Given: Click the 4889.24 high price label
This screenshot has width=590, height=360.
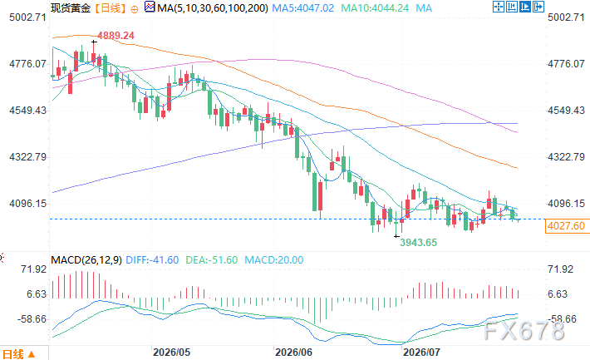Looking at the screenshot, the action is click(x=116, y=36).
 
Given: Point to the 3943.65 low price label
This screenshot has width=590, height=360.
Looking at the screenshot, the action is click(x=419, y=243).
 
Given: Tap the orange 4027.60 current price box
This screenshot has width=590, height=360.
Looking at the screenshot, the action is click(x=566, y=226).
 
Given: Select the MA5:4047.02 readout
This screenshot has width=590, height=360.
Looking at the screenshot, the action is click(x=303, y=8).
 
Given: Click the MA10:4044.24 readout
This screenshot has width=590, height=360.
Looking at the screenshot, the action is click(x=375, y=8).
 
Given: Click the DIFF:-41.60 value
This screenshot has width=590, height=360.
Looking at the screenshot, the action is click(x=152, y=260).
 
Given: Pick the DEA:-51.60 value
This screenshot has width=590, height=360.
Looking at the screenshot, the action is click(x=211, y=260).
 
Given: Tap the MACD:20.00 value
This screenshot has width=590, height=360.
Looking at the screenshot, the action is click(x=274, y=260).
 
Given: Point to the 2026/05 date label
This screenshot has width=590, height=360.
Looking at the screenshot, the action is click(x=171, y=353).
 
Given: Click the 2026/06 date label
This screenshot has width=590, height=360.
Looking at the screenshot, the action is click(x=293, y=353).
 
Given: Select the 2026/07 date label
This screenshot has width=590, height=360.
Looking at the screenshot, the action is click(x=421, y=353).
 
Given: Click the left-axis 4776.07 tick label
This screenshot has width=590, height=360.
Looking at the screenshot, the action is click(x=27, y=64).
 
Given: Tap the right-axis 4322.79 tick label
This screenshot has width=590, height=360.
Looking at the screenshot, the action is click(x=566, y=156).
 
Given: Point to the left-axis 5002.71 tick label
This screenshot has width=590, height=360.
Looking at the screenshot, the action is click(x=27, y=17).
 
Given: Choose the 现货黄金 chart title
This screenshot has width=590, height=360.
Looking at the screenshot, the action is click(x=71, y=8).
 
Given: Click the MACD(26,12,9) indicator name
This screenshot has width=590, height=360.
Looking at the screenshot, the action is click(x=86, y=260).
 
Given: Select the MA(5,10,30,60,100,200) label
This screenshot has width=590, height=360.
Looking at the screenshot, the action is click(x=213, y=8).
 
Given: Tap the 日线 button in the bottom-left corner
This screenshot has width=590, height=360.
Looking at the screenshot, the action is click(x=19, y=354).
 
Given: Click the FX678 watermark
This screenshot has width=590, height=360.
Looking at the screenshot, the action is click(x=524, y=331).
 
